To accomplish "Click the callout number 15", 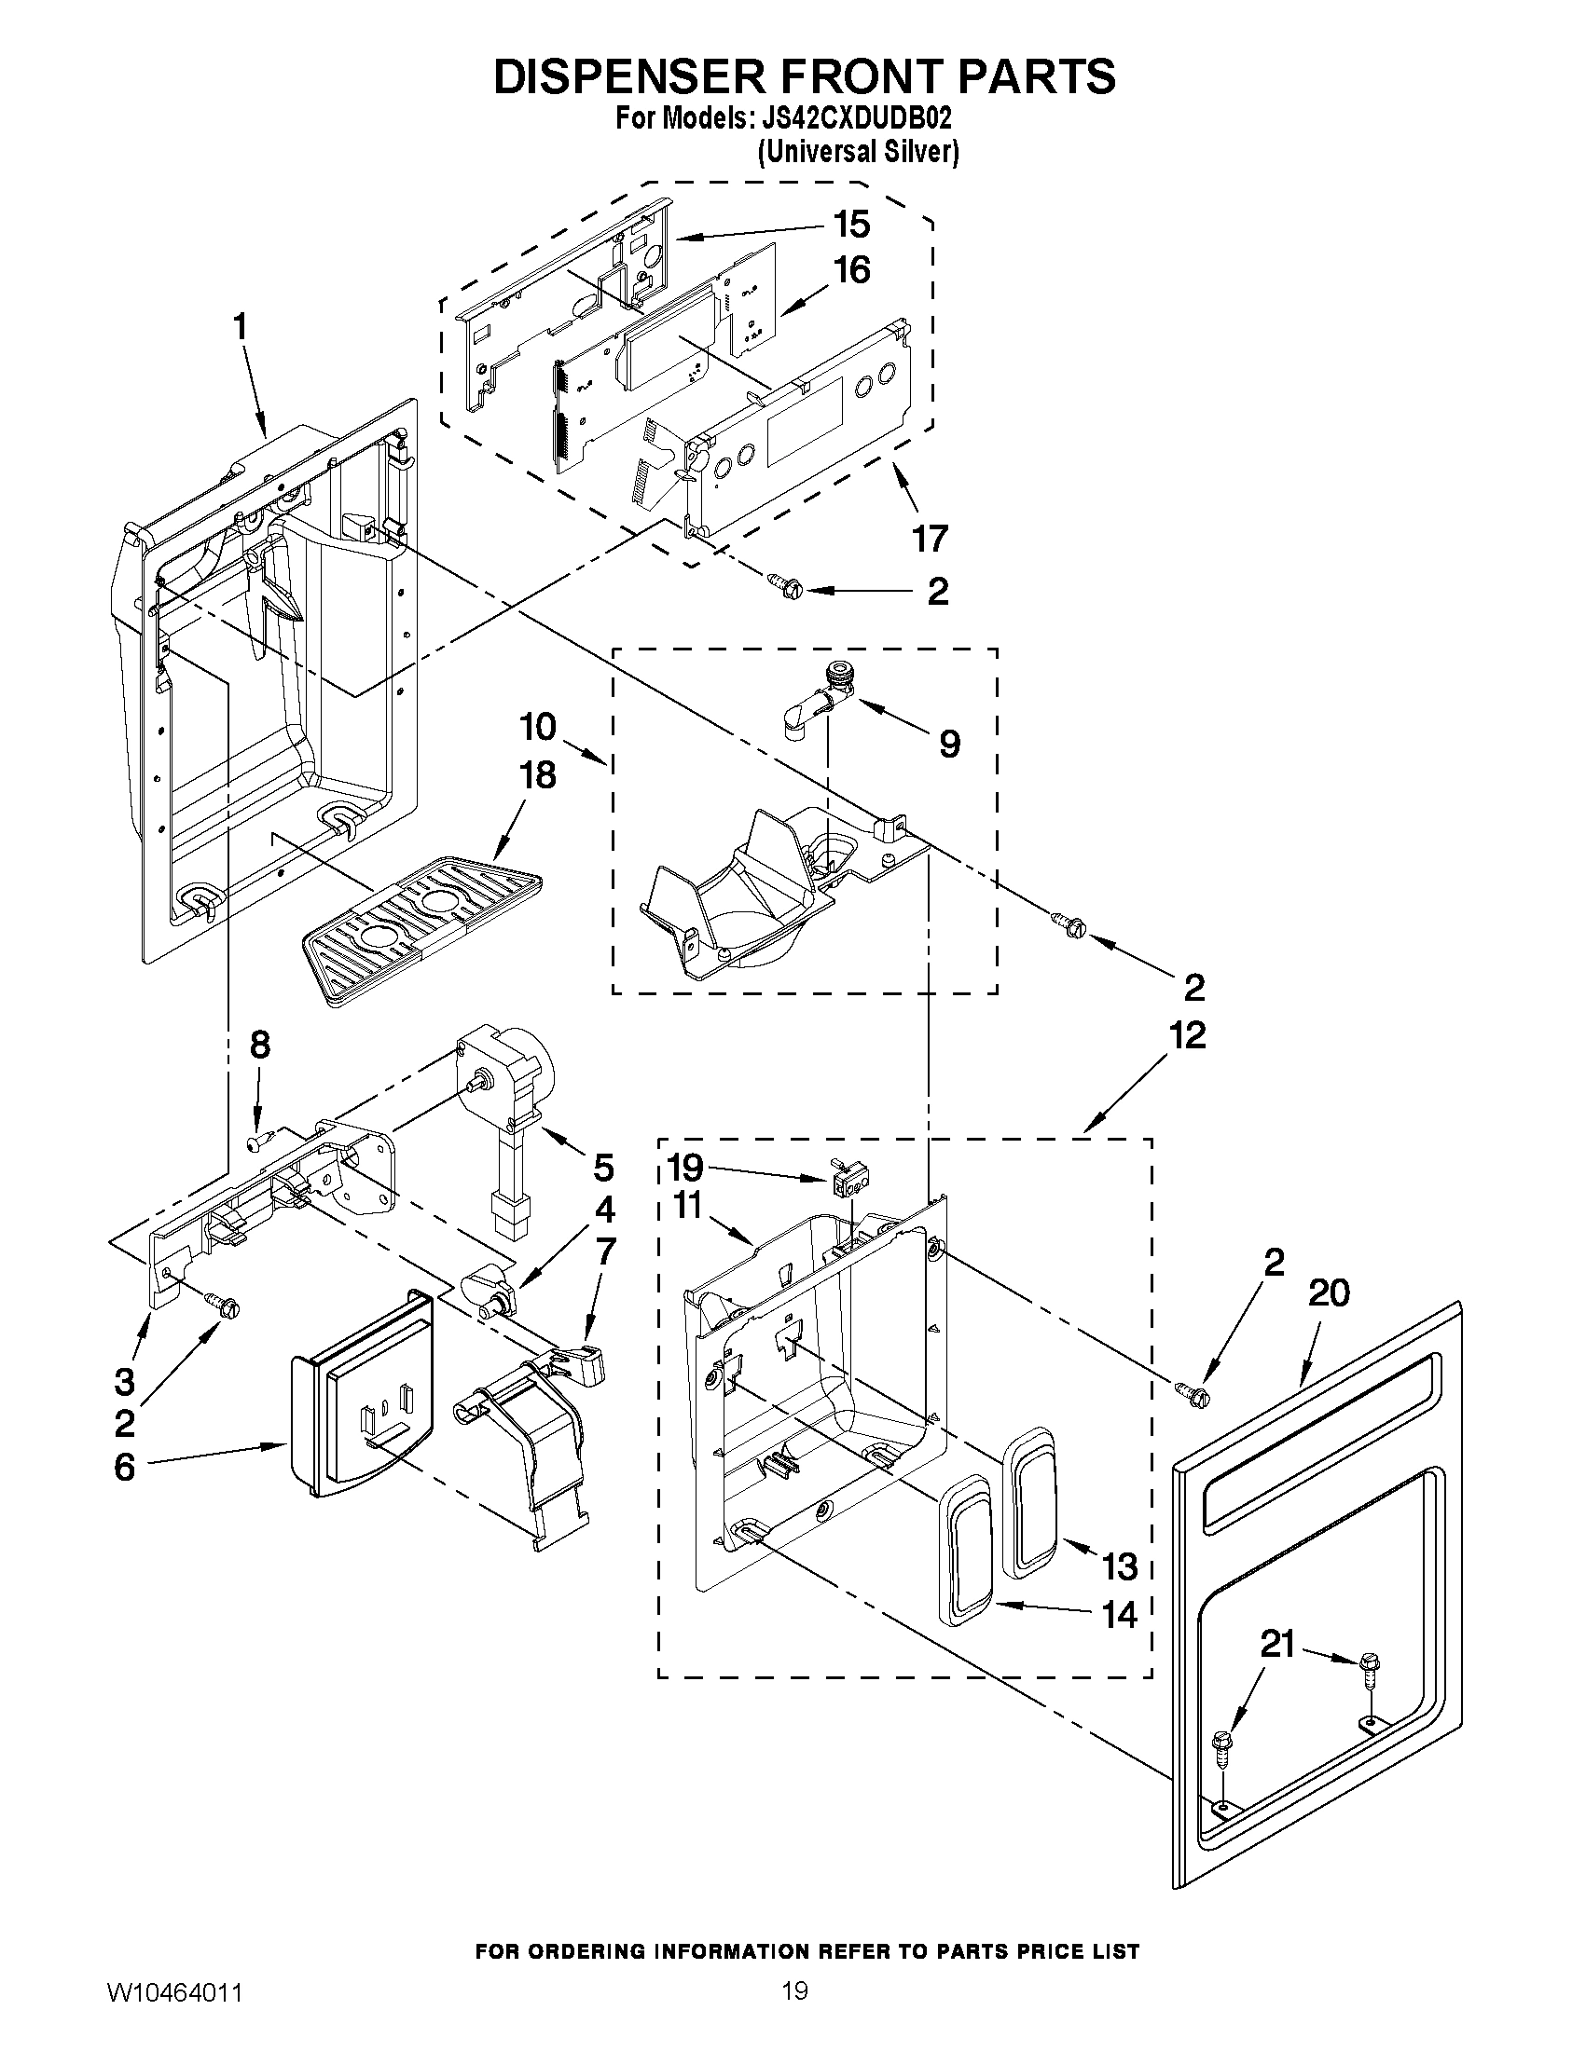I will (x=850, y=225).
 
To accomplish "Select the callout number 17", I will (x=930, y=539).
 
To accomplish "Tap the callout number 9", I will (x=949, y=744).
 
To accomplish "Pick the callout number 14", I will (x=1118, y=1614).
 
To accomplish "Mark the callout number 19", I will (x=685, y=1168).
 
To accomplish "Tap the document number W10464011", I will (x=175, y=2018).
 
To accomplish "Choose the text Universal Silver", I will (x=858, y=152).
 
